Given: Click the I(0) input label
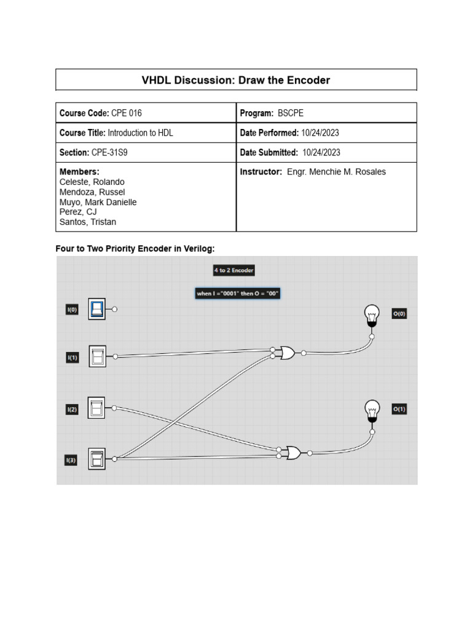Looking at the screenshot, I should point(72,310).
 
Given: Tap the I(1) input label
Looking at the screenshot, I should point(72,357).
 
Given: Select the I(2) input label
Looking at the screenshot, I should point(72,408).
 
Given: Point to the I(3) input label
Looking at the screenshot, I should point(72,459).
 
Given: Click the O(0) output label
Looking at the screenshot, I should point(399,314).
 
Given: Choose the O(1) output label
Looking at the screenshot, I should point(399,409).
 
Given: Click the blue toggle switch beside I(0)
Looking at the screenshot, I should point(97,310).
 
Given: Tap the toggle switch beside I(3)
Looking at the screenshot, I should point(97,458).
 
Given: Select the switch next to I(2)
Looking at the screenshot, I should point(97,407).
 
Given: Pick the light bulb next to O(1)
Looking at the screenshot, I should point(371,410).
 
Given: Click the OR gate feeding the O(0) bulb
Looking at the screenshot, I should point(287,353).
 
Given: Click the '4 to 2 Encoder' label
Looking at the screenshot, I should point(234,270).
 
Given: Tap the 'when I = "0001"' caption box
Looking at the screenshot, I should point(238,294).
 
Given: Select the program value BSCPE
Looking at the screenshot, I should point(290,113).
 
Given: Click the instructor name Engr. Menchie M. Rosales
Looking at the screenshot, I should point(336,172).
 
